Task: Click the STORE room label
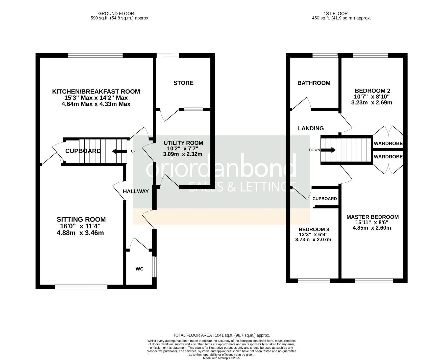point(183,83)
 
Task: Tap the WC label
point(139,269)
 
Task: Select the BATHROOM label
point(314,83)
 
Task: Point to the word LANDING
point(311,128)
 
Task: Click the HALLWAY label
point(136,191)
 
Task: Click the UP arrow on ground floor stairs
point(120,151)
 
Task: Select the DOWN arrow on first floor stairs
point(328,150)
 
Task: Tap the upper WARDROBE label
point(388,144)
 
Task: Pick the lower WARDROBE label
point(388,156)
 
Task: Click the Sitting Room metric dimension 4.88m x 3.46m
point(80,233)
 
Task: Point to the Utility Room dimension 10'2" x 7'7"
point(183,149)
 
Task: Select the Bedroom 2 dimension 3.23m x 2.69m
point(372,103)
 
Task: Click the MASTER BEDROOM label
point(372,217)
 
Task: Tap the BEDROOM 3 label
point(314,229)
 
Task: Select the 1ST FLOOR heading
point(335,14)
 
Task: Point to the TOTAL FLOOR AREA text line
point(221,335)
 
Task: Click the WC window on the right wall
point(154,267)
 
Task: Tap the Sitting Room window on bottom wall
point(81,287)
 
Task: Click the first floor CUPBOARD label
point(324,199)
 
